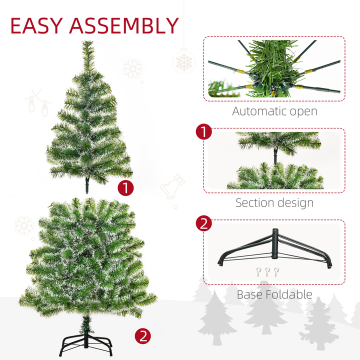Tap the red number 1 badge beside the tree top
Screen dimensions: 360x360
126,188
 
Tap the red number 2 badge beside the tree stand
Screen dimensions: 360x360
142,336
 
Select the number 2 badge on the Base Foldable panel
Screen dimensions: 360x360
203,223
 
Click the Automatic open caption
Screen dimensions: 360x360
274,111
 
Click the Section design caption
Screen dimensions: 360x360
274,202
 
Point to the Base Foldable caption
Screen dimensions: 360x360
274,294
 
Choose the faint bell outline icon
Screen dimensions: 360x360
172,187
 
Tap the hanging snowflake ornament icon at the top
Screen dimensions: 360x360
183,62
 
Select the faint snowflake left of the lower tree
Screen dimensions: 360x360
24,225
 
